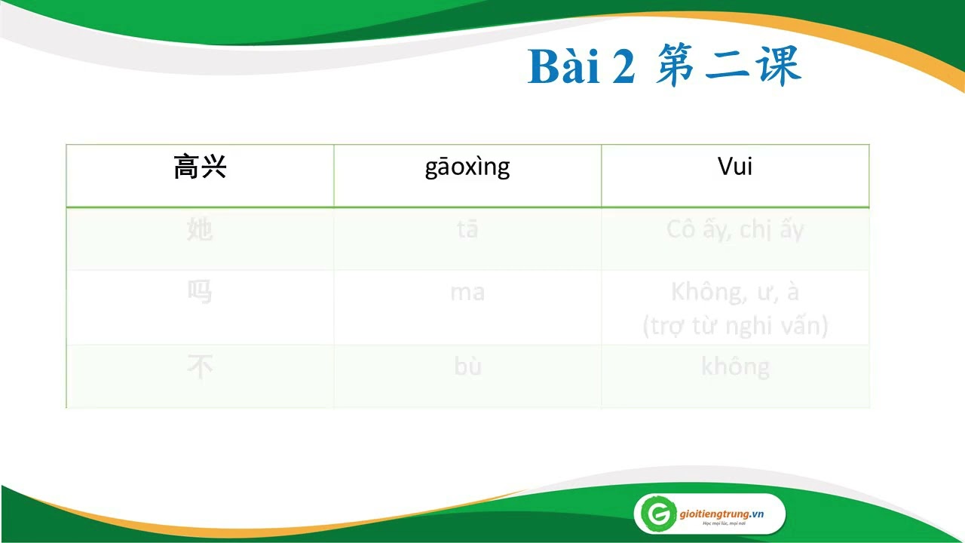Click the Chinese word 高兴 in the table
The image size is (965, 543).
pos(200,167)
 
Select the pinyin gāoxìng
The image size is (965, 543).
pos(467,167)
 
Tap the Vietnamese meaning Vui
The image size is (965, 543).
pos(735,167)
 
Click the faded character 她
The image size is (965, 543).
pos(200,229)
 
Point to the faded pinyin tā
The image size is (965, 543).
pos(467,229)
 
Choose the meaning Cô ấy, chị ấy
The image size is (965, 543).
pos(735,229)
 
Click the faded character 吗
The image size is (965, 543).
pos(200,292)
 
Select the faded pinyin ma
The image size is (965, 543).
pos(467,292)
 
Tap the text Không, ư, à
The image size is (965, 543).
pos(735,292)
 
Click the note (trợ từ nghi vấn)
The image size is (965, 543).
pos(735,326)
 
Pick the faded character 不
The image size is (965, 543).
pos(200,367)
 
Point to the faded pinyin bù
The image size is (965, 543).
pos(467,367)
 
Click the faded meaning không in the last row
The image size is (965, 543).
pos(735,367)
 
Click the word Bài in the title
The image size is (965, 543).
pos(563,67)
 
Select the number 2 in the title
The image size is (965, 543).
pos(623,68)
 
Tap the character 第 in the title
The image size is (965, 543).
pos(675,66)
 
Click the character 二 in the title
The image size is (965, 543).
pos(725,66)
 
